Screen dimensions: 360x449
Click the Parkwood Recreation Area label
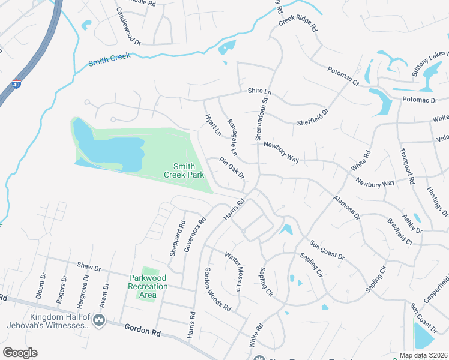148,282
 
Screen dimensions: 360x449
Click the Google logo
20,353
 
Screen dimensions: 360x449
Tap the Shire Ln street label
259,92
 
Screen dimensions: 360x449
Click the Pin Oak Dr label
232,169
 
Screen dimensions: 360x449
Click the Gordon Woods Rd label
217,289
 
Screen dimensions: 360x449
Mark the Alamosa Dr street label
346,207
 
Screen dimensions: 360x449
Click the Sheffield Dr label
313,118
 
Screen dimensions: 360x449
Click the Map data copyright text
423,355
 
